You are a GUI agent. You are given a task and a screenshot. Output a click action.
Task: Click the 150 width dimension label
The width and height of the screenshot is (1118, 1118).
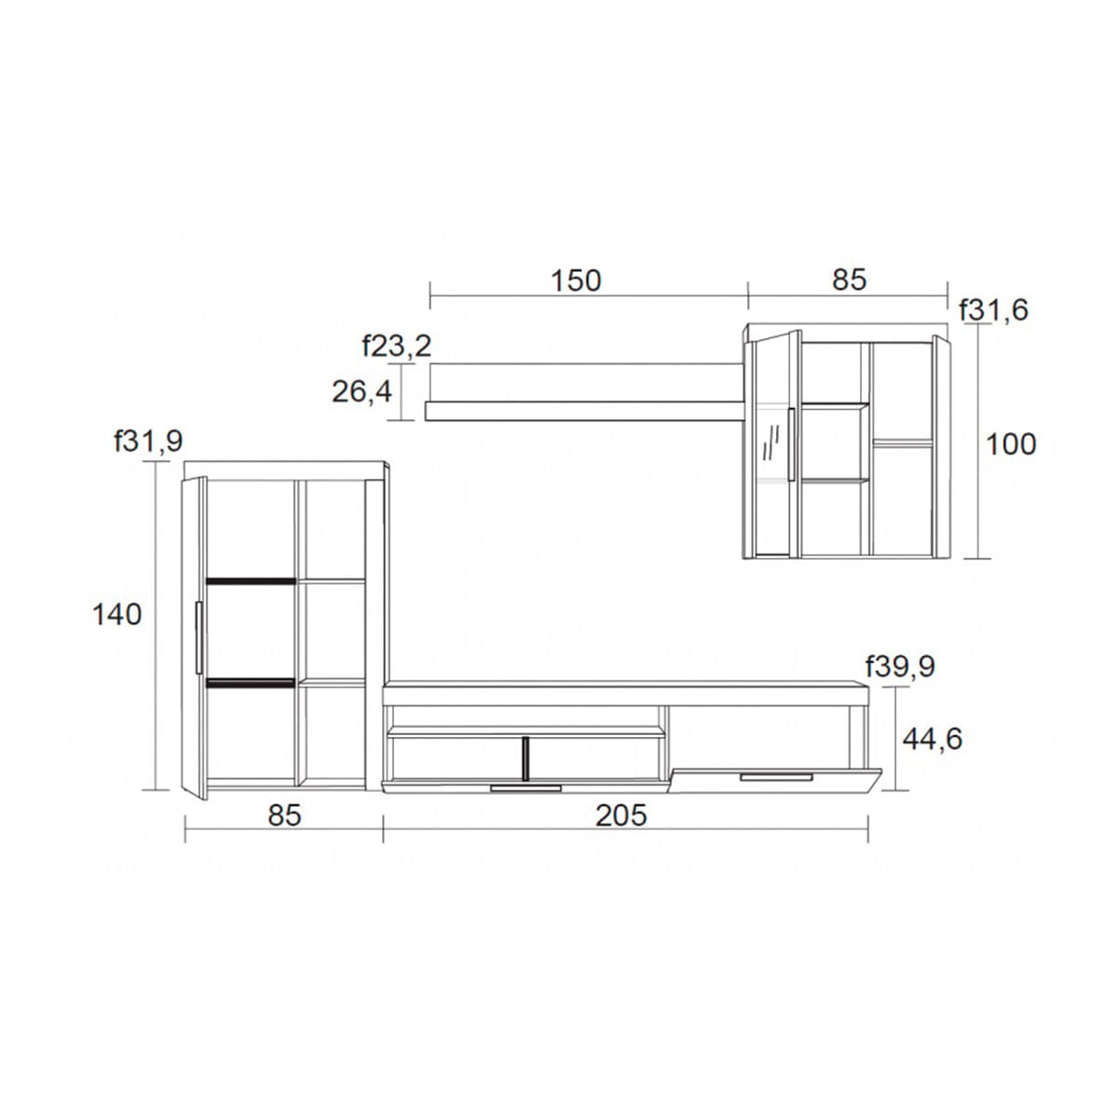tap(576, 280)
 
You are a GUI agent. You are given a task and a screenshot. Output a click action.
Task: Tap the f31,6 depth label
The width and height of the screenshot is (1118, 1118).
tap(993, 310)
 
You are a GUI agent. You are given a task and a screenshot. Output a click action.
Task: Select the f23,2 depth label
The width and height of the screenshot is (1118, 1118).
tap(397, 346)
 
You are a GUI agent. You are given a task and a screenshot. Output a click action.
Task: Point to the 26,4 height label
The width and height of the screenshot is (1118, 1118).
tap(361, 391)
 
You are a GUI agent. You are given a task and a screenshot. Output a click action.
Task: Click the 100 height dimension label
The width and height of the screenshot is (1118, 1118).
tap(1011, 444)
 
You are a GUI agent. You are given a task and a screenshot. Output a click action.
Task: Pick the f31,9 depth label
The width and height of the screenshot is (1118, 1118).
tap(148, 441)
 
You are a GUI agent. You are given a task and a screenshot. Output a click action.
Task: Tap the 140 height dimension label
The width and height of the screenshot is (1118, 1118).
tap(116, 614)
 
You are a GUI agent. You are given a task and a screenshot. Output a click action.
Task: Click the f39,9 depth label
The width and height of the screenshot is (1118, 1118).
tap(900, 667)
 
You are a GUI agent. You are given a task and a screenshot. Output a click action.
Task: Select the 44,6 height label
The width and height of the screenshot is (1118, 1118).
tap(933, 739)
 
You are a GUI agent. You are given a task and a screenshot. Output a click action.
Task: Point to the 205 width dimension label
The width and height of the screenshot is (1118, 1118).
tap(620, 815)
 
